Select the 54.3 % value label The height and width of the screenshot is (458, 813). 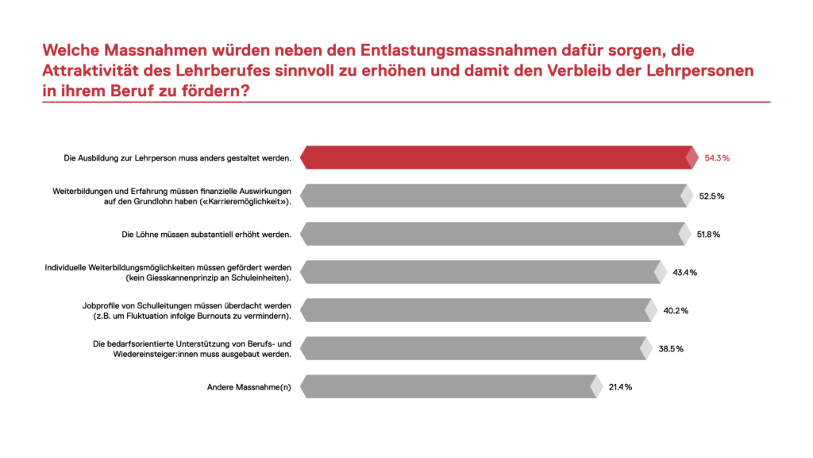coord(717,158)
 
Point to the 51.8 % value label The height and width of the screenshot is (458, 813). coord(707,235)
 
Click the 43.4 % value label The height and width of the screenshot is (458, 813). coord(684,273)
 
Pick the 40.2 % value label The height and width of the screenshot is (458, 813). coord(676,311)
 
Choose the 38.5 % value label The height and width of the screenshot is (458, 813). coord(670,349)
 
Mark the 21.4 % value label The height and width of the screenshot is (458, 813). coord(620,387)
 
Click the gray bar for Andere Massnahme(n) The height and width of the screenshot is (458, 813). coord(449,386)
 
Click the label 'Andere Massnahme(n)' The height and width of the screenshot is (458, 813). coord(249,387)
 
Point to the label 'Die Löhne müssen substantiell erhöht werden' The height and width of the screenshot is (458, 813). coord(206,235)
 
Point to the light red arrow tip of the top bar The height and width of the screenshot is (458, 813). coord(692,157)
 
